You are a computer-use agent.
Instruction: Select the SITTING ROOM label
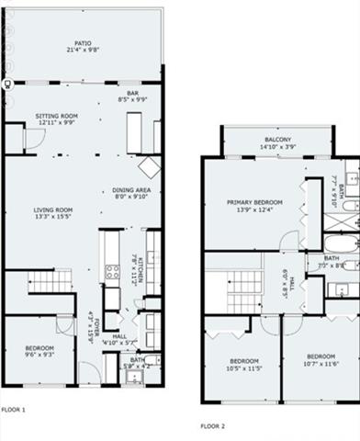point(57,116)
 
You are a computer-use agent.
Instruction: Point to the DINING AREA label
point(130,188)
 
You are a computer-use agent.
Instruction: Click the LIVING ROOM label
point(52,209)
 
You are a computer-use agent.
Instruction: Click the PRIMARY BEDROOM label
point(254,202)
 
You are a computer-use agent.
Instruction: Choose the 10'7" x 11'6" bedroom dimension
point(321,363)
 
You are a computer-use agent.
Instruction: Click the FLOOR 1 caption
point(13,409)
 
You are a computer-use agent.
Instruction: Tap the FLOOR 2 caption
point(212,426)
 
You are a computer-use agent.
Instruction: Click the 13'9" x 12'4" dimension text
point(254,210)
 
